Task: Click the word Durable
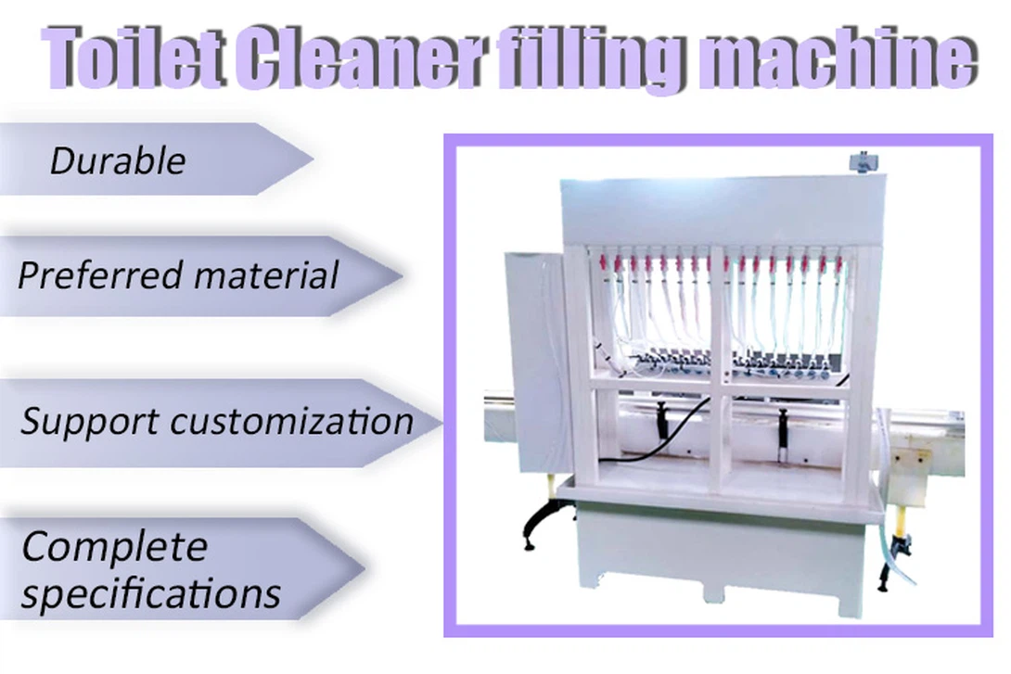(118, 160)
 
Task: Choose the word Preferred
(100, 276)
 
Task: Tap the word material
(266, 275)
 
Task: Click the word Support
(90, 423)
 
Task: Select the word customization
(292, 421)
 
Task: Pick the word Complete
(115, 548)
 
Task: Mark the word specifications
(151, 593)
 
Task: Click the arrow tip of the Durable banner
(313, 159)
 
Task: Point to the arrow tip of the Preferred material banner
(402, 276)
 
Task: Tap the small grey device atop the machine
(862, 161)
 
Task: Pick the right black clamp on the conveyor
(783, 428)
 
